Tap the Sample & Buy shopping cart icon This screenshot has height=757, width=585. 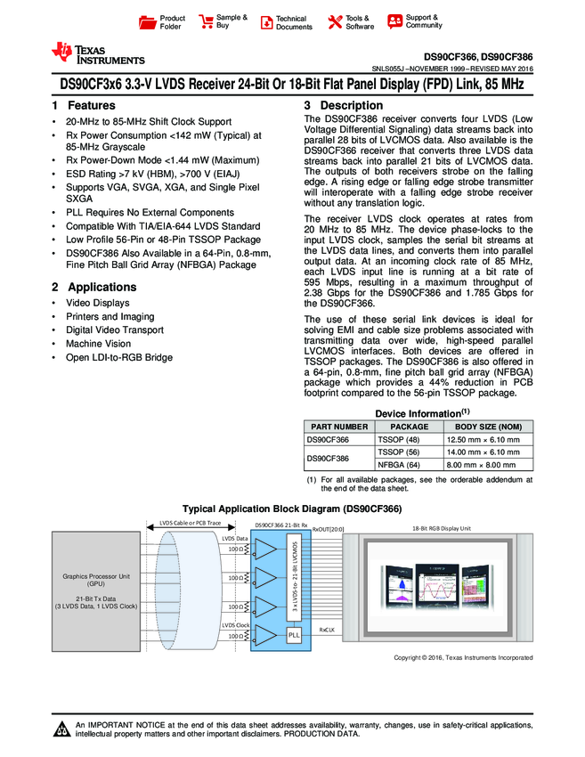click(x=206, y=21)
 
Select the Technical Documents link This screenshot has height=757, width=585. click(x=294, y=22)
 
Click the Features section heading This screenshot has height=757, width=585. click(x=84, y=105)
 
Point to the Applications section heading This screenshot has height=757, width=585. click(x=93, y=287)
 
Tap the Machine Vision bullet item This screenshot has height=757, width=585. click(x=98, y=343)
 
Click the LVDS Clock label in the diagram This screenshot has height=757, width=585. click(x=235, y=625)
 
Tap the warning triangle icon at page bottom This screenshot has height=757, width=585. click(x=62, y=730)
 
